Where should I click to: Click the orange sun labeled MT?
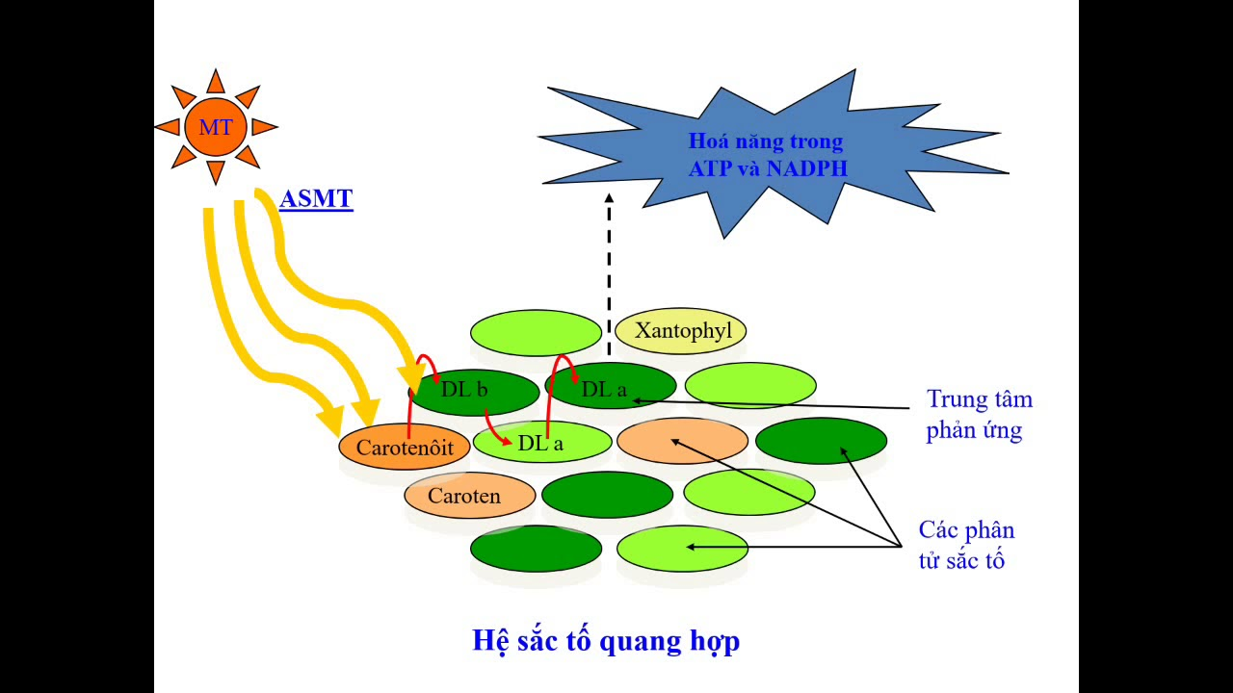216,127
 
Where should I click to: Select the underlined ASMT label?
316,200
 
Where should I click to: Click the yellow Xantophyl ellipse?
682,331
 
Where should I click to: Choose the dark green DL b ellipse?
474,390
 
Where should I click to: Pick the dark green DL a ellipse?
611,387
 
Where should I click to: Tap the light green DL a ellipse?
542,443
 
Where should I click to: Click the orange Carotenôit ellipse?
405,448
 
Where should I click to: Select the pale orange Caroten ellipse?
469,497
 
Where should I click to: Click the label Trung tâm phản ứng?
978,415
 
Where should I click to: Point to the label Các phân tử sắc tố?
965,545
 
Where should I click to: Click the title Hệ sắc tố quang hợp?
606,640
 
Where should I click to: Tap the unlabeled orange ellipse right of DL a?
682,441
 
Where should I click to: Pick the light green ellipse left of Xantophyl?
536,333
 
